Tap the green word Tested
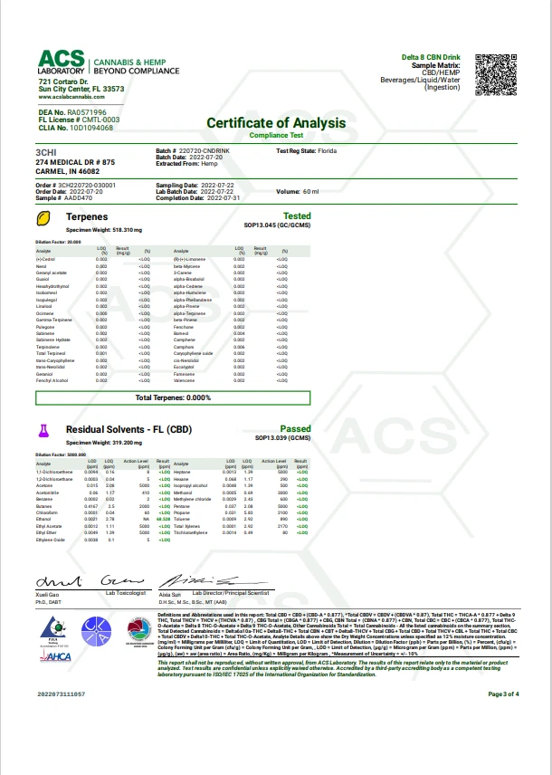[x=297, y=216]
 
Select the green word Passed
[x=297, y=429]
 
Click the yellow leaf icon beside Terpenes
[x=43, y=218]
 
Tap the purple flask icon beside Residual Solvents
[x=43, y=430]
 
